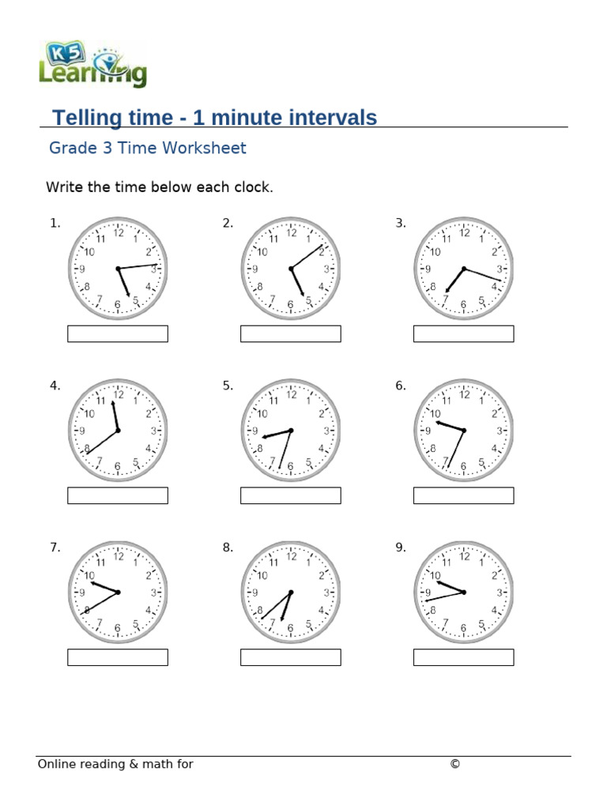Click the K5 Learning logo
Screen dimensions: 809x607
92,65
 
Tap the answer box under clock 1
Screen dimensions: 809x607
118,333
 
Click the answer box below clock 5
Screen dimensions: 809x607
290,495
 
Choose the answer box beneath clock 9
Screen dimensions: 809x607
463,657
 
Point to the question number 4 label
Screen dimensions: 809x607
55,386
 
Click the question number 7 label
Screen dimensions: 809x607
55,547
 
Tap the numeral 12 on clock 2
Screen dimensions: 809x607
291,232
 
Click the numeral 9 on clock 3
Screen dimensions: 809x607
428,269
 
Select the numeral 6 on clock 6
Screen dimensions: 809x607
464,467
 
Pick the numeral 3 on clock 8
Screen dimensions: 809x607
326,593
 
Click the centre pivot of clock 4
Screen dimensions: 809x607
118,431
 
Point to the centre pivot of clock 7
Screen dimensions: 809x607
118,593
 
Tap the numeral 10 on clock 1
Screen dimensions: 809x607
89,252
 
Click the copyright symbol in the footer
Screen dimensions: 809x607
454,764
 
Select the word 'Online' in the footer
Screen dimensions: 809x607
58,764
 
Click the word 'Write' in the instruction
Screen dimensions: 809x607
62,187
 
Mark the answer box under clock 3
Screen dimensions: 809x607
463,333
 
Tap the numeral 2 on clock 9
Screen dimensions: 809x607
493,575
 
